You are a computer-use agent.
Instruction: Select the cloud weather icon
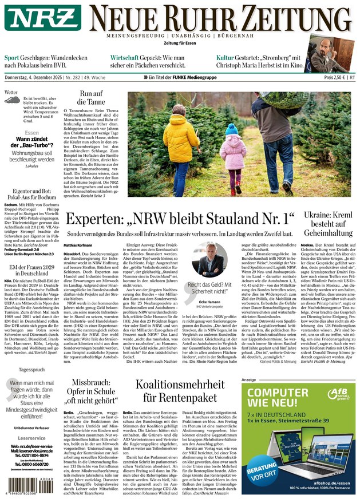coord(13,101)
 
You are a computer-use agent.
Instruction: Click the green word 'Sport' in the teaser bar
coord(12,58)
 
